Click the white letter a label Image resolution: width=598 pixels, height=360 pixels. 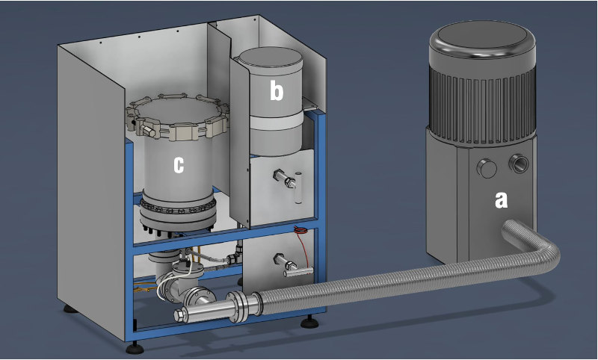tap(501, 200)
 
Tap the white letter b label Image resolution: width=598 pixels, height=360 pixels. tap(277, 91)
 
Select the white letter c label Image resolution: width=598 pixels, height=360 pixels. tap(179, 165)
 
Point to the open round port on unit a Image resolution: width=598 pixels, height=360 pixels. tap(519, 164)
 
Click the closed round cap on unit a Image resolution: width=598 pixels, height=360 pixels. tap(487, 169)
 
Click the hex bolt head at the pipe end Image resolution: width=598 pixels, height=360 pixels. tap(180, 315)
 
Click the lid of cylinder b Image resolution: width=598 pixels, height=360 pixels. tap(269, 61)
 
